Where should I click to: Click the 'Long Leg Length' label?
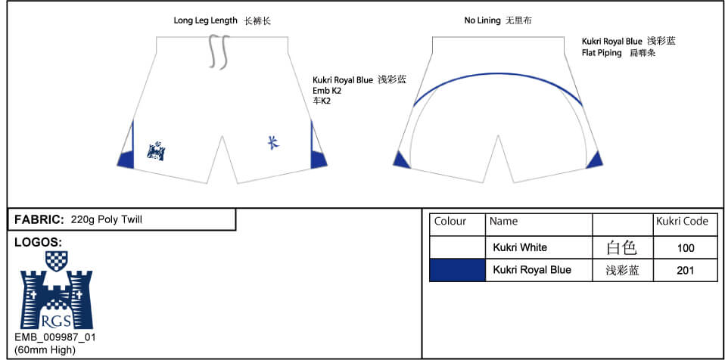pyautogui.click(x=205, y=21)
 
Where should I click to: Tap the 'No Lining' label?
pyautogui.click(x=482, y=21)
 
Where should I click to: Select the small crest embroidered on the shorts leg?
pyautogui.click(x=157, y=150)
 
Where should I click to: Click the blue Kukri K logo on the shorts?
pyautogui.click(x=272, y=141)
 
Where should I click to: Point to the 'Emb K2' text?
pyautogui.click(x=328, y=91)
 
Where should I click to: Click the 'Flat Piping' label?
pyautogui.click(x=602, y=53)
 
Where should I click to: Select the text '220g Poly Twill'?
pyautogui.click(x=106, y=220)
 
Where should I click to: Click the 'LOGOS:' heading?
pyautogui.click(x=38, y=242)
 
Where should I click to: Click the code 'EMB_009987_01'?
pyautogui.click(x=55, y=337)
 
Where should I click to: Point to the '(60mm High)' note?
pyautogui.click(x=45, y=349)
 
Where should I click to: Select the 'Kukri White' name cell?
pyautogui.click(x=520, y=247)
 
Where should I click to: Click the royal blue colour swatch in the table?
pyautogui.click(x=457, y=270)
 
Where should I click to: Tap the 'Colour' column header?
pyautogui.click(x=450, y=222)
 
